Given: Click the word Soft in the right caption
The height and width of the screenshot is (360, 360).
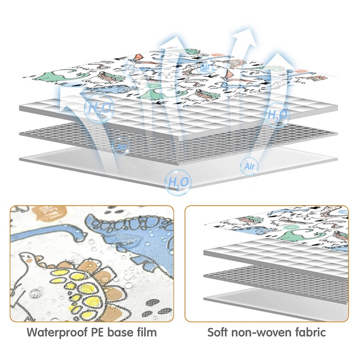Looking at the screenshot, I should [x=219, y=333].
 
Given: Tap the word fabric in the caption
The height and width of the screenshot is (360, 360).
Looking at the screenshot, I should [x=309, y=333].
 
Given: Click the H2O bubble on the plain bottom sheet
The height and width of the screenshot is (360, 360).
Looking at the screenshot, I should [x=179, y=182].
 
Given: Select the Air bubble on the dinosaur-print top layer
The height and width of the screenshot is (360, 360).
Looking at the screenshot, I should [x=206, y=67].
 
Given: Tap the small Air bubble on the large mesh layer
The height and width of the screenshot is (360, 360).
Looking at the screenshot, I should [x=121, y=147].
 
